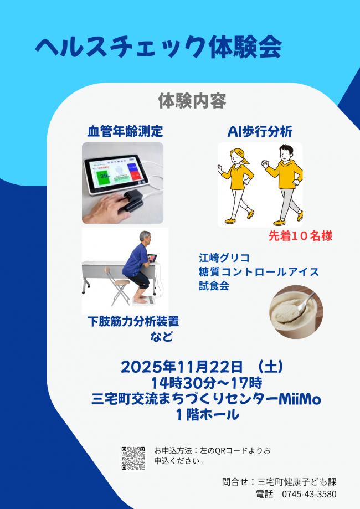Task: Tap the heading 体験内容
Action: point(192,101)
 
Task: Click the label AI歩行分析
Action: point(260,131)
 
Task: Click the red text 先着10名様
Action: point(300,236)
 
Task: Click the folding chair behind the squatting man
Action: point(116,285)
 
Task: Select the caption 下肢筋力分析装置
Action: point(133,321)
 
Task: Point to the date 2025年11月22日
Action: point(182,367)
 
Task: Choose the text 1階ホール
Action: point(207,414)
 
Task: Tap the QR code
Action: point(133,458)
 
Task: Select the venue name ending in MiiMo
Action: point(207,398)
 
